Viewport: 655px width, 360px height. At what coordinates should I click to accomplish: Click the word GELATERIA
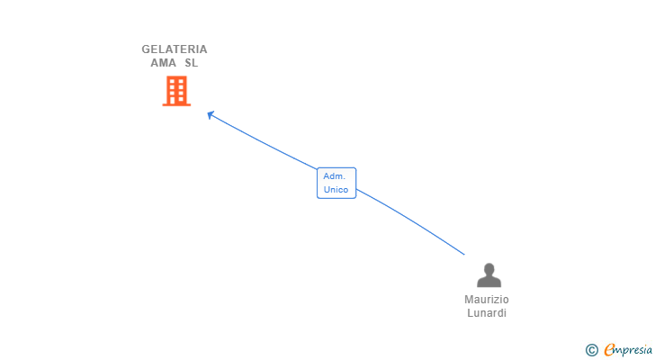[175, 49]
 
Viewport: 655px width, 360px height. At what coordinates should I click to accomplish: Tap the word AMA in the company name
[164, 63]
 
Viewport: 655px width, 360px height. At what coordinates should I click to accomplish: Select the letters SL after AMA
[192, 63]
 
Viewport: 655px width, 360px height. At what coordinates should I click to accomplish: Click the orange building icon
[176, 91]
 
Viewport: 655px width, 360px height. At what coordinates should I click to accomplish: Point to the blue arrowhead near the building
[211, 114]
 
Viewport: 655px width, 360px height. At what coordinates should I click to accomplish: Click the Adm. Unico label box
[336, 183]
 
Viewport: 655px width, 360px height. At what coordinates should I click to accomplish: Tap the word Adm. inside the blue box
[334, 176]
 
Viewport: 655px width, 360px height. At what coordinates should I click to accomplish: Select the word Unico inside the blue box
[336, 190]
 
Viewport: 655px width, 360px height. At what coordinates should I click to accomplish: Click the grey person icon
[489, 275]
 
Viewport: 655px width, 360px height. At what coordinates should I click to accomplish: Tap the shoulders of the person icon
[489, 282]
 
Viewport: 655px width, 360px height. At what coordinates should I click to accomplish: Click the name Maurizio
[487, 300]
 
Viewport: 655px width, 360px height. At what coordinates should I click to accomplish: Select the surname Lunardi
[487, 313]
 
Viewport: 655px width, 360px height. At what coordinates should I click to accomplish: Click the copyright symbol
[592, 350]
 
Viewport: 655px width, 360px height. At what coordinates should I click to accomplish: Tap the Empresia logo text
[628, 350]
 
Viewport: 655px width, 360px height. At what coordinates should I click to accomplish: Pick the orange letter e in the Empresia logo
[609, 349]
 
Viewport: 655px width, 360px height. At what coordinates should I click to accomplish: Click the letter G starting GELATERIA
[146, 49]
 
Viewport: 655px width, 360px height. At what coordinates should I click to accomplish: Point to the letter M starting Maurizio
[468, 300]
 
